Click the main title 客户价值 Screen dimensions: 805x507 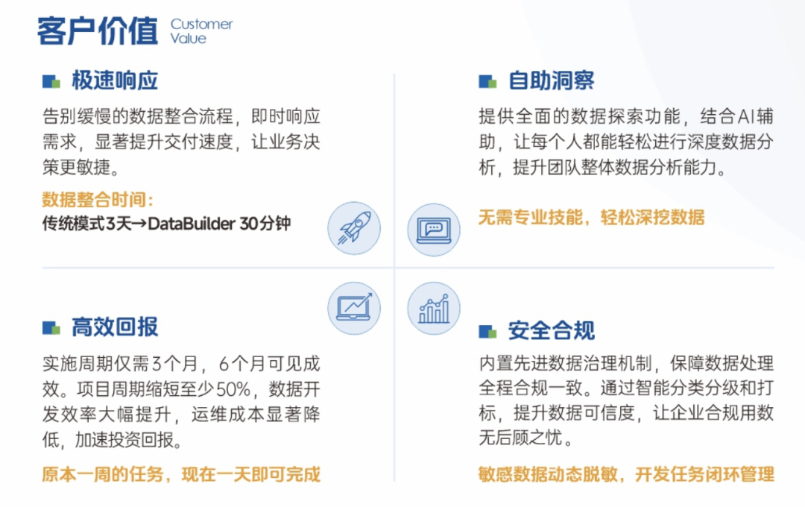click(x=98, y=31)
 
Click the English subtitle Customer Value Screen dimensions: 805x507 click(x=201, y=31)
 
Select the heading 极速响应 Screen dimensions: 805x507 click(x=115, y=81)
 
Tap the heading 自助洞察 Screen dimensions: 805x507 click(x=552, y=81)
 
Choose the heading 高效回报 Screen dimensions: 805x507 click(x=115, y=327)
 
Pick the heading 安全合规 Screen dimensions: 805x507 click(x=552, y=330)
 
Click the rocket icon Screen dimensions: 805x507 click(x=354, y=228)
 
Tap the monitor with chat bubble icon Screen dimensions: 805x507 click(x=434, y=230)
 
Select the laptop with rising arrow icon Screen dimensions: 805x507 click(x=354, y=308)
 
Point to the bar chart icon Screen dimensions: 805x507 click(x=434, y=308)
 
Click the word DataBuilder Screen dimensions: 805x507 click(x=192, y=224)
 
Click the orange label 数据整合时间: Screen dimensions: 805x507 click(x=98, y=199)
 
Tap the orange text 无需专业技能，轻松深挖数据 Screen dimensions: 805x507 click(x=591, y=217)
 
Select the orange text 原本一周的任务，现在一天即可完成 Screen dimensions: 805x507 click(x=181, y=474)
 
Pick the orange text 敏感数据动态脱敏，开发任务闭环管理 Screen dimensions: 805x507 click(x=626, y=474)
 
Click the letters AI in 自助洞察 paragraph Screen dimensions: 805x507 click(x=745, y=116)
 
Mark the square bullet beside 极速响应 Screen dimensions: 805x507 click(x=51, y=81)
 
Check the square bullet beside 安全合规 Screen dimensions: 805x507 click(x=487, y=331)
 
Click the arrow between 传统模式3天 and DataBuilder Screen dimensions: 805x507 click(x=139, y=224)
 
